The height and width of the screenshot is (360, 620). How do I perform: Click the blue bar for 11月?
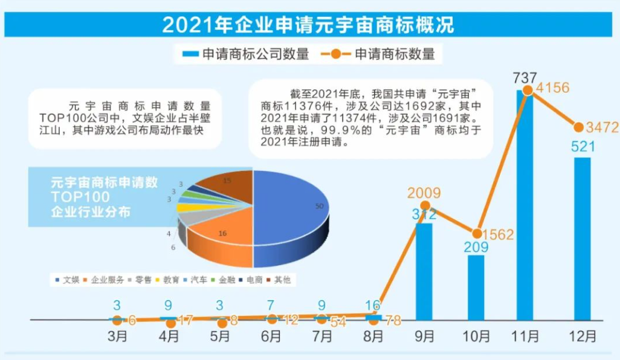tap(525, 205)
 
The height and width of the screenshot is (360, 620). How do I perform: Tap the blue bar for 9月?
tap(424, 271)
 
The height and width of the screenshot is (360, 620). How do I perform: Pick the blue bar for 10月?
tap(476, 287)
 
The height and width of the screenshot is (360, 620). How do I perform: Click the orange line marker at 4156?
tap(528, 90)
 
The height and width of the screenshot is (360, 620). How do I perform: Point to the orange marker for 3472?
tap(578, 127)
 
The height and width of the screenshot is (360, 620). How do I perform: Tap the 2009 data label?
tap(424, 193)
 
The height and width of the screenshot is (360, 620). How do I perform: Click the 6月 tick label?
tap(271, 336)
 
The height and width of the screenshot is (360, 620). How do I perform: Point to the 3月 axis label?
tap(116, 336)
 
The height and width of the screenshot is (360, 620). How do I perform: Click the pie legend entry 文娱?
tap(68, 280)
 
